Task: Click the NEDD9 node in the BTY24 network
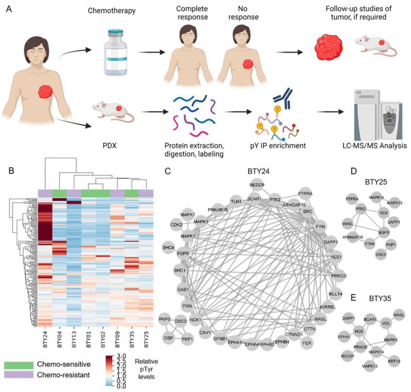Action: (256, 186)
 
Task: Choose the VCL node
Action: (387, 321)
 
